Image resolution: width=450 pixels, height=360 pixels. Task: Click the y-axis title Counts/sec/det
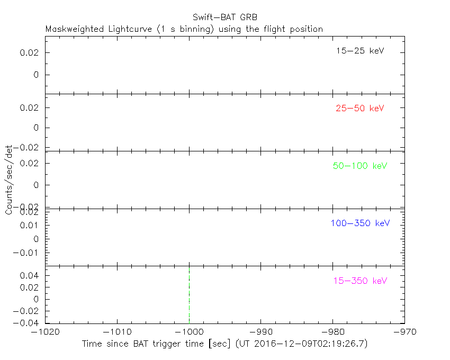[x=9, y=180]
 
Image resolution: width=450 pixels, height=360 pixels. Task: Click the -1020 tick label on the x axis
[x=46, y=332]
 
